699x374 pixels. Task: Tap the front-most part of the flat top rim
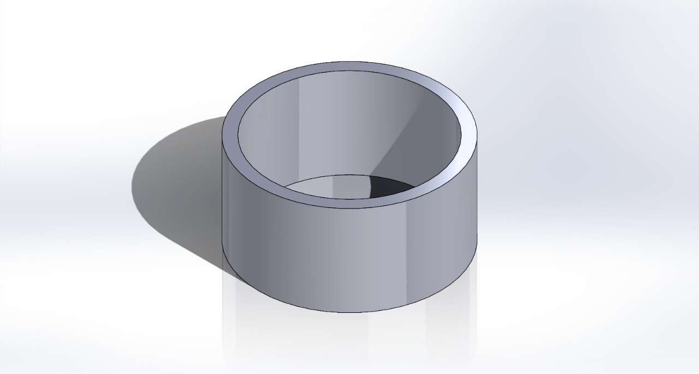tap(349, 203)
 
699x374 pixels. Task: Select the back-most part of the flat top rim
tap(349, 66)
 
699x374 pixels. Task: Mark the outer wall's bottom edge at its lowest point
tap(349, 312)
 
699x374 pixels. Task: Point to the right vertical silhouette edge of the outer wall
tap(477, 191)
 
